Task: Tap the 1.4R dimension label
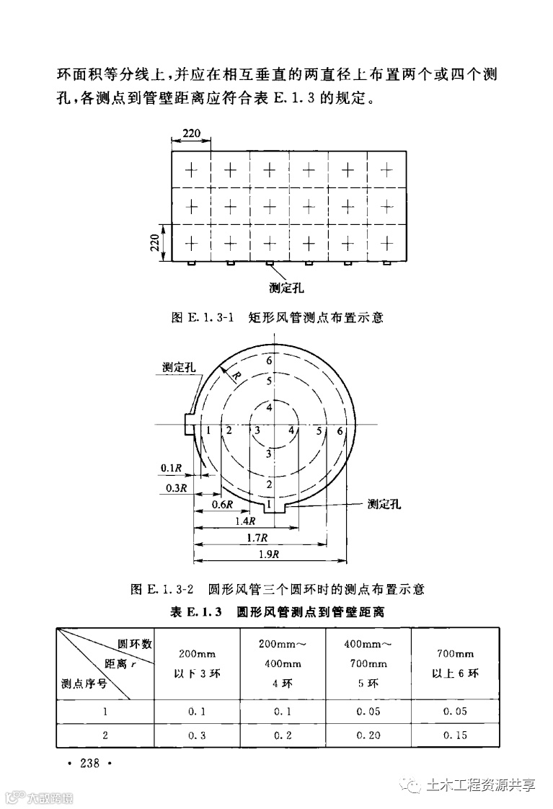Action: (246, 521)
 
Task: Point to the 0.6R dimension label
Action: (222, 504)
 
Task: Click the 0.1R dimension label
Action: (171, 469)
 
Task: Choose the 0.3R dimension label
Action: (176, 487)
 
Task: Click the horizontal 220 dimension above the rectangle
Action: (191, 134)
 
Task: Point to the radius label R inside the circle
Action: (236, 375)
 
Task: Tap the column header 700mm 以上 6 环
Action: (455, 664)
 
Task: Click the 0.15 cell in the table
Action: (455, 735)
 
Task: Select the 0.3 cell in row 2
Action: (197, 735)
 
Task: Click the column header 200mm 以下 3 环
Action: (197, 664)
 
